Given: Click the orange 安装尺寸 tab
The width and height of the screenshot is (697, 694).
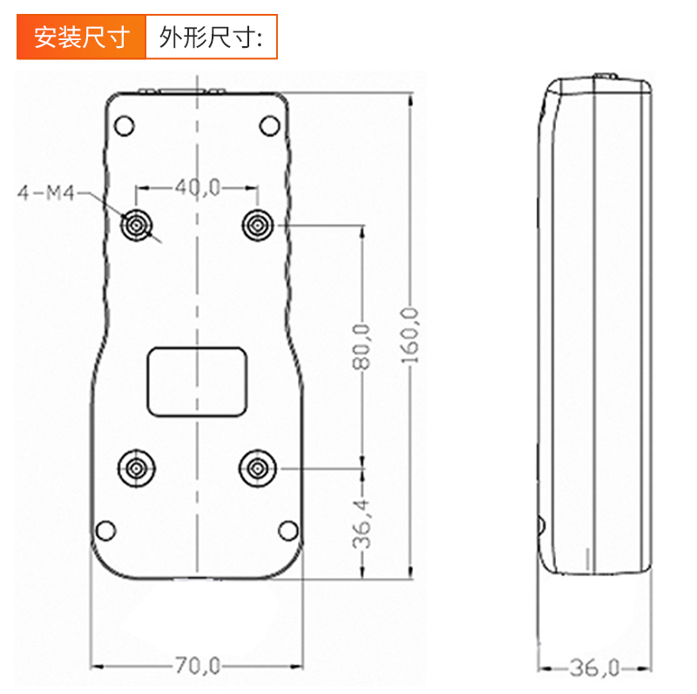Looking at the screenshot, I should (x=81, y=37).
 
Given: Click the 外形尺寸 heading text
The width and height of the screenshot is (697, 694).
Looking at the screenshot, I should (x=210, y=37).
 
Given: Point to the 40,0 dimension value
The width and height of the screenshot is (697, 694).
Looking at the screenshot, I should (x=198, y=187).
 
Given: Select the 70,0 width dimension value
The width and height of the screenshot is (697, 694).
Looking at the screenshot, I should (x=197, y=667).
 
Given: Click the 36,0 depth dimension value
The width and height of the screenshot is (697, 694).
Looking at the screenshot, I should (x=593, y=668).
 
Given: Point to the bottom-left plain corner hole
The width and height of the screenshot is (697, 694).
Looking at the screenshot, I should (x=105, y=530).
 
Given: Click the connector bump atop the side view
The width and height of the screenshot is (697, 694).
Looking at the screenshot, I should (x=606, y=77).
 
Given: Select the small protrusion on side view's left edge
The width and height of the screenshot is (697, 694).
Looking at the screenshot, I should (x=540, y=526).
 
